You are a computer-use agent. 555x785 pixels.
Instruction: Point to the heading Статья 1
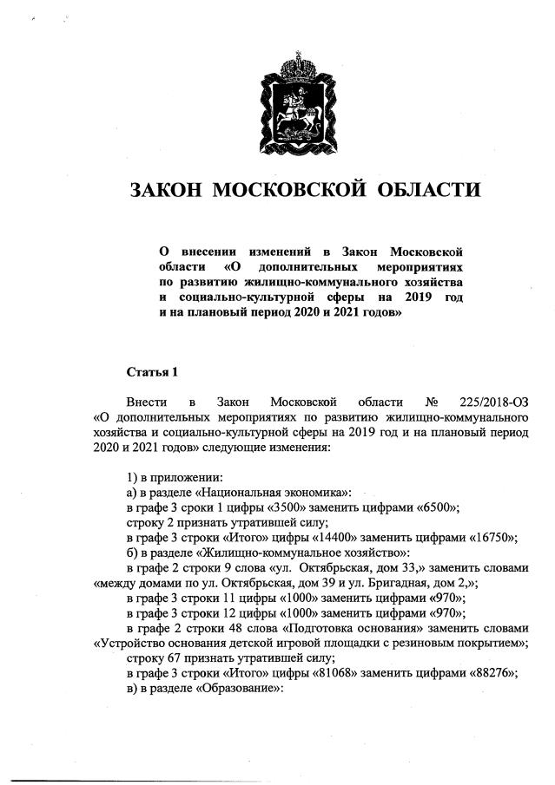point(152,372)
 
